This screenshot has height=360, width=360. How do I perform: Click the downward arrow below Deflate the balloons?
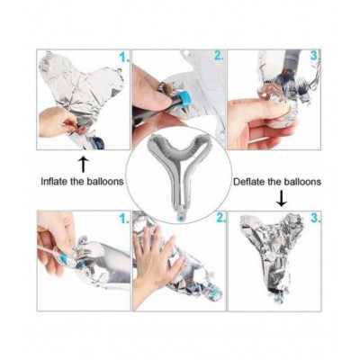click(x=282, y=199)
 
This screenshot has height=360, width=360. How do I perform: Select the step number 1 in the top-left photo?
click(x=124, y=57)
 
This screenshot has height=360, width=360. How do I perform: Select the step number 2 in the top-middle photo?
click(x=218, y=56)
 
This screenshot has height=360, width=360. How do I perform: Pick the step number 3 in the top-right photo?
click(x=315, y=56)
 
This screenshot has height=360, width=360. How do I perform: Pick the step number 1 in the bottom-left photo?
click(x=124, y=219)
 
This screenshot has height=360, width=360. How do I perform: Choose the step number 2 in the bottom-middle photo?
click(x=220, y=219)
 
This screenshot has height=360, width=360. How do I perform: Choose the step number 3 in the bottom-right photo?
click(x=316, y=219)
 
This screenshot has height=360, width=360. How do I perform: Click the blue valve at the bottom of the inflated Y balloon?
click(x=180, y=216)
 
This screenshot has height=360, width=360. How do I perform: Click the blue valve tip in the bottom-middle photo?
click(x=215, y=293)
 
